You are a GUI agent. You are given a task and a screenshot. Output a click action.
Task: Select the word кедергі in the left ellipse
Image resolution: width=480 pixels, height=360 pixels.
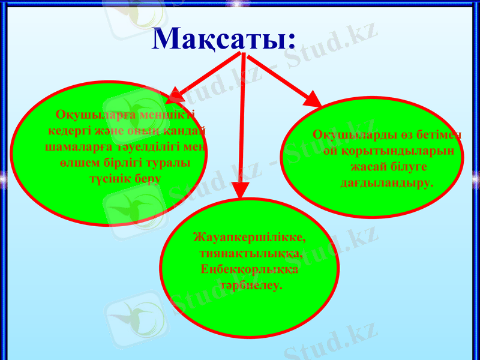[68, 131]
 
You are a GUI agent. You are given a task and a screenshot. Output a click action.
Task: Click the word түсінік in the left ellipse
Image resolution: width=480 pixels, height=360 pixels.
[110, 179]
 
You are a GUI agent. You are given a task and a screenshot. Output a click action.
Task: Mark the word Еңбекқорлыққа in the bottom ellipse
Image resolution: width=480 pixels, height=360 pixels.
[248, 270]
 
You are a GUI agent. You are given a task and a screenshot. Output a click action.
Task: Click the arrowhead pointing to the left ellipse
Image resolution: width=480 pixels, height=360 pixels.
[175, 95]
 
